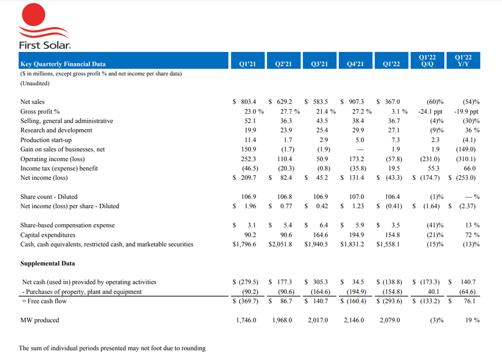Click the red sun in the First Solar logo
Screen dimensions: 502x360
click(x=34, y=14)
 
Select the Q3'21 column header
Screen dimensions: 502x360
click(x=320, y=64)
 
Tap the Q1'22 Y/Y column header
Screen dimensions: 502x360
click(x=463, y=60)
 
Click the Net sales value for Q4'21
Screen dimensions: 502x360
click(x=356, y=102)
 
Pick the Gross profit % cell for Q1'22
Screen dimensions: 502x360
click(x=399, y=111)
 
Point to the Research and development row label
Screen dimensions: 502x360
click(x=56, y=131)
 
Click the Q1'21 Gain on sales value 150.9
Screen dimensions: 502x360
click(x=249, y=149)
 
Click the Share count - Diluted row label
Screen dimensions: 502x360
click(x=49, y=197)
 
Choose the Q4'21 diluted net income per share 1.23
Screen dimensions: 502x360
click(x=358, y=206)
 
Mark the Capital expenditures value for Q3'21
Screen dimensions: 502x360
click(x=320, y=235)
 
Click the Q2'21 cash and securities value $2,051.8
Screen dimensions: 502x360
click(x=280, y=245)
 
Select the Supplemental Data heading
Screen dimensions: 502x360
click(x=47, y=264)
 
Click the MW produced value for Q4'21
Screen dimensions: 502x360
click(x=354, y=320)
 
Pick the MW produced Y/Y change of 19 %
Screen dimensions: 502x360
click(x=472, y=320)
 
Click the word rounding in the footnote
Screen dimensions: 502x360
click(x=194, y=348)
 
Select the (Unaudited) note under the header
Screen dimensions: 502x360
click(x=35, y=83)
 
